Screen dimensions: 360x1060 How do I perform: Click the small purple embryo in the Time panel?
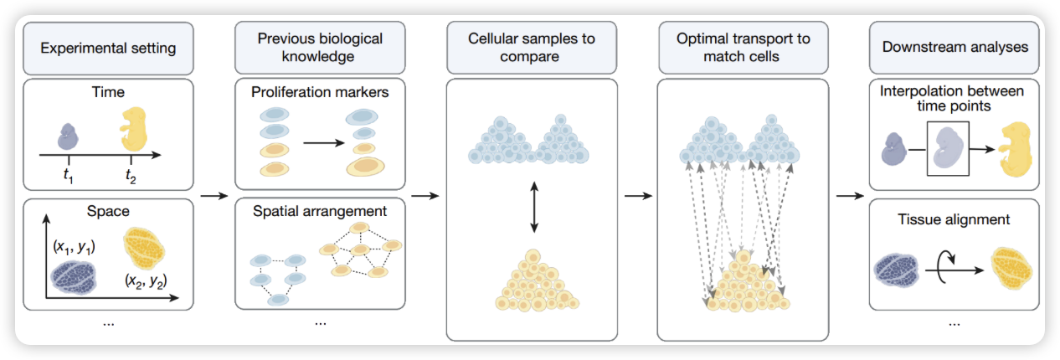coord(68,136)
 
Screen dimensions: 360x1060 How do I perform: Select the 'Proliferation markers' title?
coord(320,92)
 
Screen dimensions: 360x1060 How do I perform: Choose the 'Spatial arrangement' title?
coord(320,212)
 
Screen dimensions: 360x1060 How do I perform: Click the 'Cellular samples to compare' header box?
coord(531,48)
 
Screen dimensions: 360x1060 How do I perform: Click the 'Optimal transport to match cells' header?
coord(743,48)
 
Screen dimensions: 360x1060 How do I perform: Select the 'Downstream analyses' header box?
coord(955,48)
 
